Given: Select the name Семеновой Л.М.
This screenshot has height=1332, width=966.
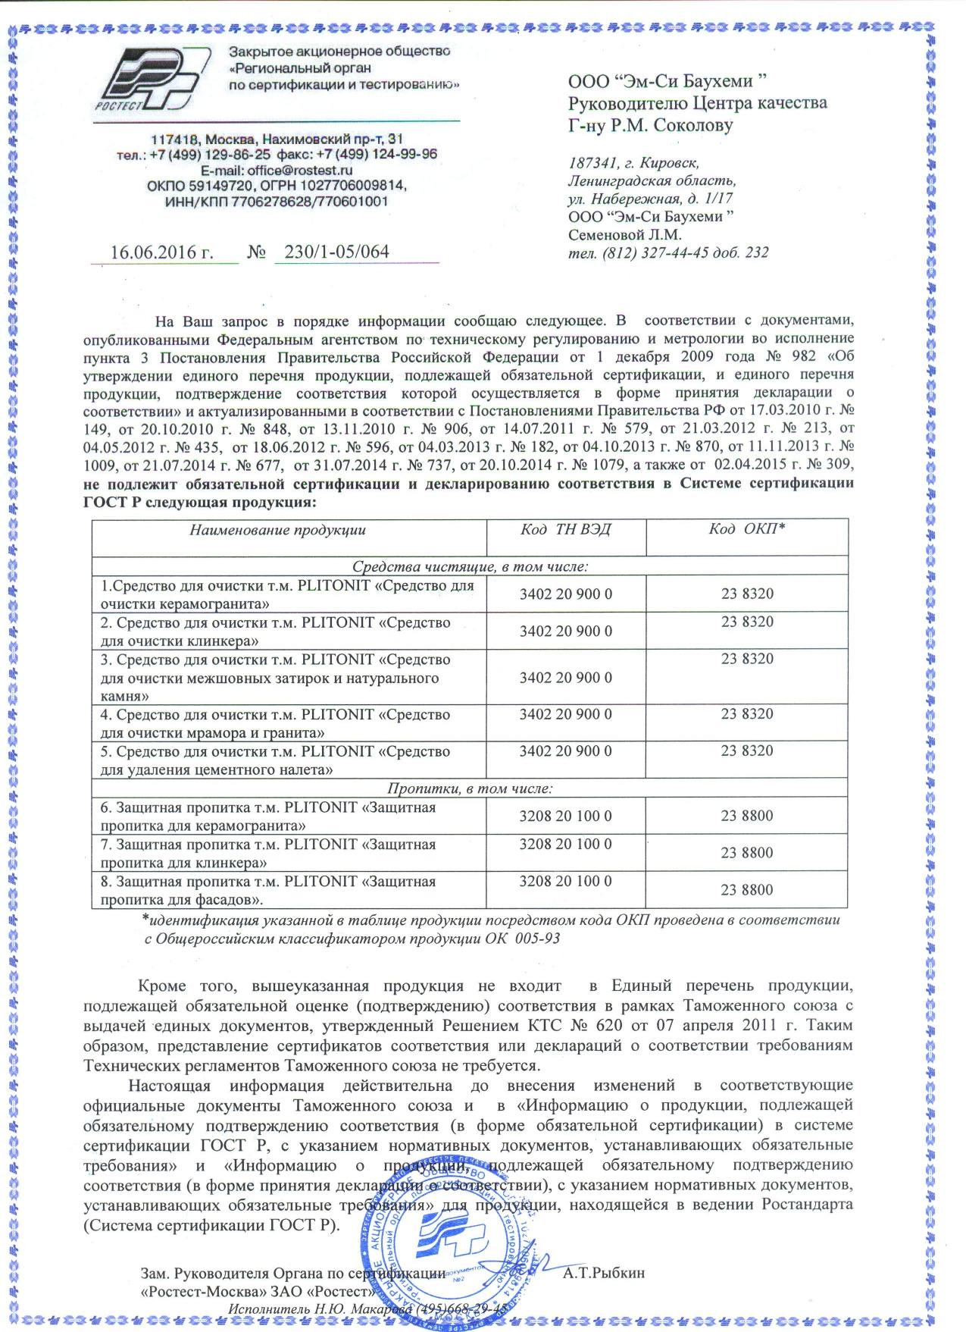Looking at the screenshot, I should (625, 235).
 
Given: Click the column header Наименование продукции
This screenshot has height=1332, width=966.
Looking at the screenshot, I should (278, 530).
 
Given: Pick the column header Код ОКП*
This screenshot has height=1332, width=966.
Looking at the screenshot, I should (746, 530).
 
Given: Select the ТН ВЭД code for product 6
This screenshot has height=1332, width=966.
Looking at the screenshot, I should (565, 816).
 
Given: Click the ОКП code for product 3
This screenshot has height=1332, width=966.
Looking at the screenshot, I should (747, 659).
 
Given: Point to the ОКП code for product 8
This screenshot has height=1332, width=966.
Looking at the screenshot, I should (747, 890).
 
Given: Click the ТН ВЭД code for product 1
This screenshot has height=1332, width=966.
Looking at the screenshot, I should (565, 594).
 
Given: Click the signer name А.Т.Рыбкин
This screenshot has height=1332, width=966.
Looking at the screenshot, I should (604, 1273).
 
